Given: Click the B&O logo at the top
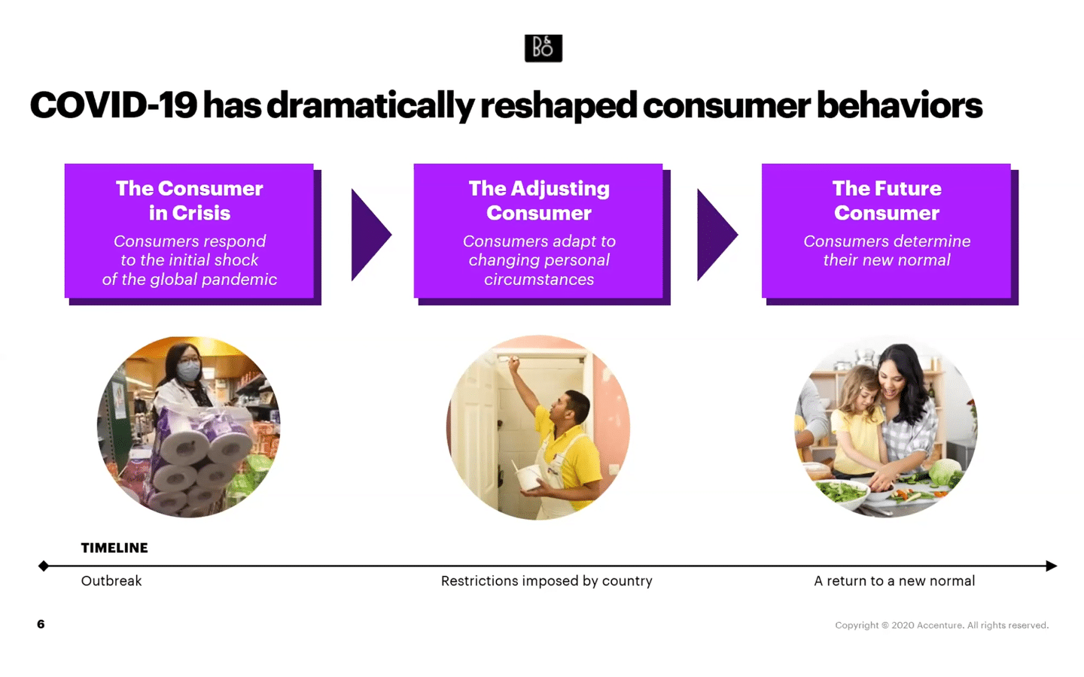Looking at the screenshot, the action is click(x=544, y=48).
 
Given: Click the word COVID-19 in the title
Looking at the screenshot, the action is click(x=114, y=105).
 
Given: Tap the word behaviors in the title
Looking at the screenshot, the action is click(x=900, y=105).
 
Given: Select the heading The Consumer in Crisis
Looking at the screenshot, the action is click(x=189, y=201).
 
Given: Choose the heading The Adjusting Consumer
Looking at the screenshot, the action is click(x=539, y=201).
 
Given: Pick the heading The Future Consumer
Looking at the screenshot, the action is click(x=887, y=201).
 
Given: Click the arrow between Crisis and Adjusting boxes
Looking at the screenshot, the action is click(x=371, y=235).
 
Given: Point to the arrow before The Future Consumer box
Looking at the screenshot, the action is click(x=717, y=235).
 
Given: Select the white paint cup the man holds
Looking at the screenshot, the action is click(x=530, y=477).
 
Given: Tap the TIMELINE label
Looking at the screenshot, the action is click(x=114, y=548).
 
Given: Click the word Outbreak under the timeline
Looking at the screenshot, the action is click(x=111, y=581).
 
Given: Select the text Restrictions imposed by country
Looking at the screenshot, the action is click(x=547, y=581).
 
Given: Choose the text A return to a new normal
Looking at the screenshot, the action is click(x=894, y=581).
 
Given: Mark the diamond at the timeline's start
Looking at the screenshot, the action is click(x=44, y=566).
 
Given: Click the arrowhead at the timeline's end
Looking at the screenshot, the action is click(x=1051, y=566).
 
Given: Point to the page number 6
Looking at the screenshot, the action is click(x=41, y=624).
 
